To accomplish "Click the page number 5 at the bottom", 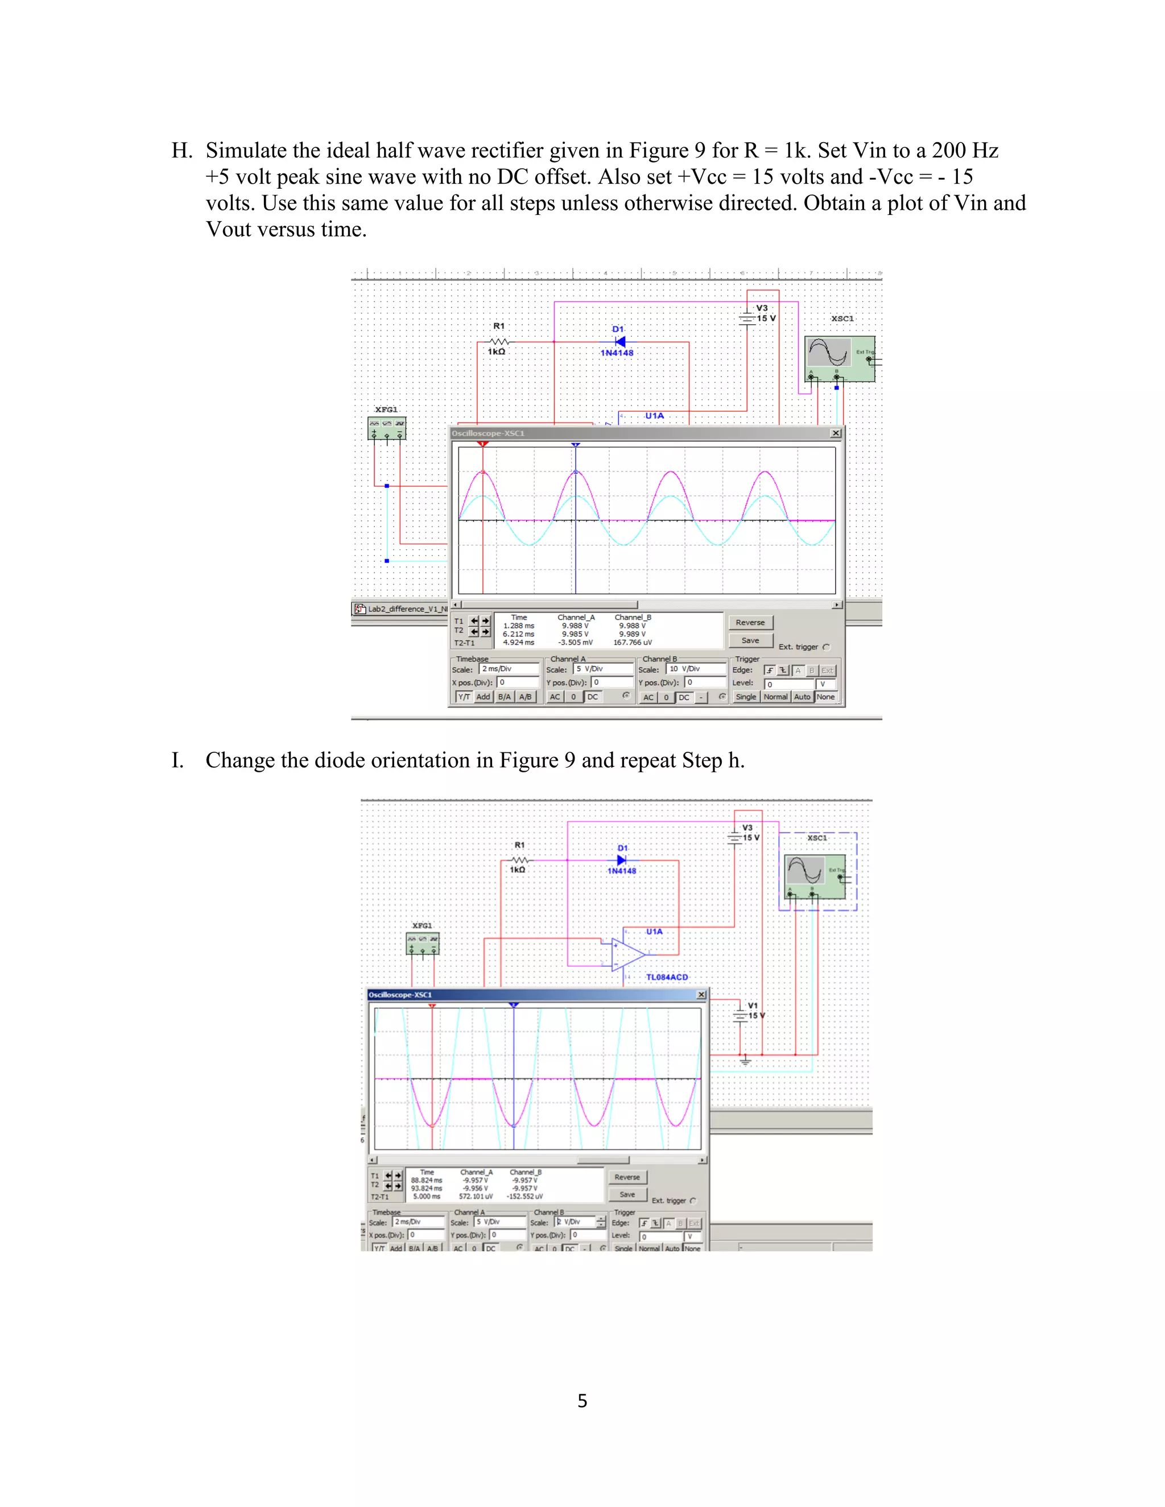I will pyautogui.click(x=582, y=1401).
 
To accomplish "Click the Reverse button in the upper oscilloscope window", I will pyautogui.click(x=750, y=622).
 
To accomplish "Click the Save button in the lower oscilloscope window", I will pyautogui.click(x=627, y=1194).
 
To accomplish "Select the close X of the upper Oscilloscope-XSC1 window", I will pyautogui.click(x=836, y=433).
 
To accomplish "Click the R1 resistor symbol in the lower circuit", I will pyautogui.click(x=519, y=860).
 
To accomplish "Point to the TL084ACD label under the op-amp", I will pyautogui.click(x=667, y=977).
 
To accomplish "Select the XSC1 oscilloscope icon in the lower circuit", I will pyautogui.click(x=815, y=876).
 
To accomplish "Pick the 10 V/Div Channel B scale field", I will pyautogui.click(x=696, y=669).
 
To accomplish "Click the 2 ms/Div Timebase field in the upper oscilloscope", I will pyautogui.click(x=509, y=669).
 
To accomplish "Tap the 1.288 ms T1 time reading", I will pyautogui.click(x=518, y=626).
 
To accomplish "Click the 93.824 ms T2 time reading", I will pyautogui.click(x=427, y=1188).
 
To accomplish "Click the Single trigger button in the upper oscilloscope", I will pyautogui.click(x=745, y=697).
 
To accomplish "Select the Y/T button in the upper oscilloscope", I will pyautogui.click(x=464, y=697).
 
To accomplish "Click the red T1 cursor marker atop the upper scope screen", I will pyautogui.click(x=483, y=444).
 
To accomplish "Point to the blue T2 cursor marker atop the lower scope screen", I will pyautogui.click(x=514, y=1005).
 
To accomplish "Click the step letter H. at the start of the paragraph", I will pyautogui.click(x=182, y=151).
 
